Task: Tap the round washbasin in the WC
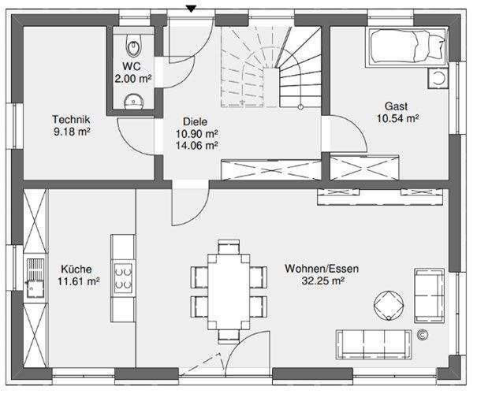click(134, 101)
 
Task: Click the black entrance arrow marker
click(191, 9)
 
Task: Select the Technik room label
click(71, 119)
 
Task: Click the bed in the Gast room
click(407, 46)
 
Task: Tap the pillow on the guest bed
click(437, 46)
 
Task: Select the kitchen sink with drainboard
click(35, 278)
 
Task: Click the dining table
click(229, 292)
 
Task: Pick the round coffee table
click(389, 306)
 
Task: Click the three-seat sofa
click(374, 344)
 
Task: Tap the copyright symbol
click(423, 335)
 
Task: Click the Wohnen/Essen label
click(322, 269)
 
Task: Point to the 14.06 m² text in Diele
click(196, 146)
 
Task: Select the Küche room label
click(76, 269)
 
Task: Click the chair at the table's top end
click(229, 247)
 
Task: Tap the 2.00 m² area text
click(133, 79)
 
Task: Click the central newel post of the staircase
click(271, 87)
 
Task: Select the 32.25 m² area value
click(322, 281)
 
